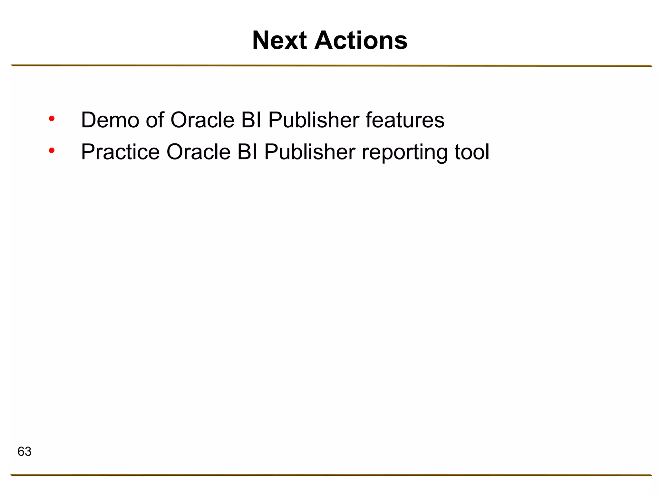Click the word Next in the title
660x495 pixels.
pos(279,40)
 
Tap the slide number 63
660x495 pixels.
pos(24,451)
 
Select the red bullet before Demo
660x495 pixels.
pos(52,119)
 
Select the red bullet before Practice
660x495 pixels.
pos(52,150)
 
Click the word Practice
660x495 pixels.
pos(120,152)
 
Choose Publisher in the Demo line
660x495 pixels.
pos(313,120)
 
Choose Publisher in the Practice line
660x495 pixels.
pos(309,152)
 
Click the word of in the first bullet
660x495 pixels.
pos(155,120)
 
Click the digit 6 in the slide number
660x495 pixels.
pos(21,451)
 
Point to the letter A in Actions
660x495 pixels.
pos(325,40)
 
